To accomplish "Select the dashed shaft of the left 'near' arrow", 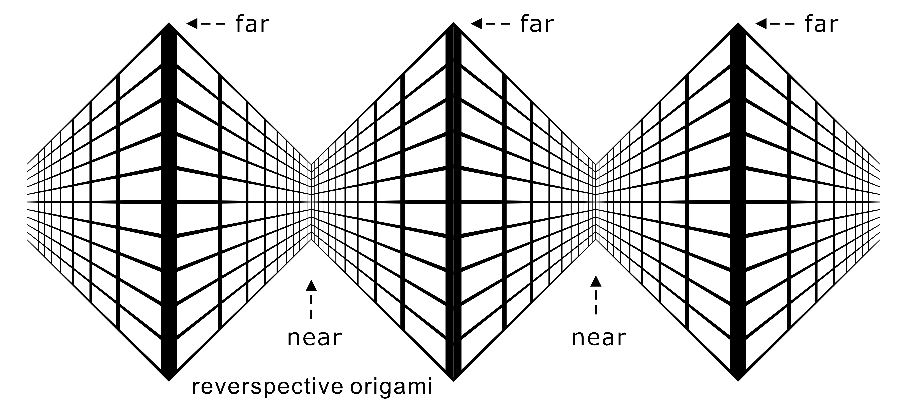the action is click(311, 307).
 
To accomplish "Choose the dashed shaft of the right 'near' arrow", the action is click(596, 302).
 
